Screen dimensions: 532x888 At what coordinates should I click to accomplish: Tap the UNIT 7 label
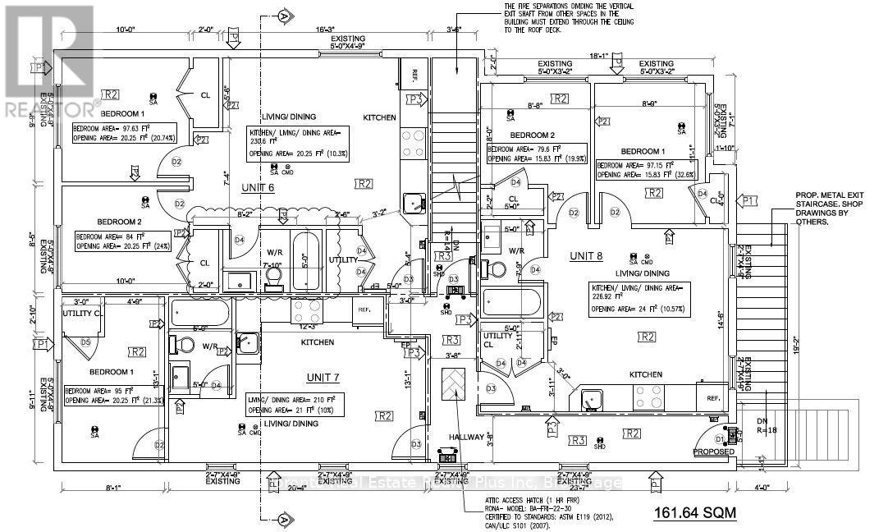(327, 377)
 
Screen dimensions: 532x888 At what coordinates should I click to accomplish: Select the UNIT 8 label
(588, 257)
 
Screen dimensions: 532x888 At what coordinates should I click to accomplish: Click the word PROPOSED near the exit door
(712, 452)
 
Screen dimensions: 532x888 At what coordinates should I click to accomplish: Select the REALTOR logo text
(49, 107)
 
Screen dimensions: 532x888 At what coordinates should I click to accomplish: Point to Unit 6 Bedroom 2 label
(120, 222)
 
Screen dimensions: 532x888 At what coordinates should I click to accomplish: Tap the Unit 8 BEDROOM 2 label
(532, 135)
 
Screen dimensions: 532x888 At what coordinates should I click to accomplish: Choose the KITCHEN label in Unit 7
(318, 342)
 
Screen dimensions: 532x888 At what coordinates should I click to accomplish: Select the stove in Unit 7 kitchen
(308, 312)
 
